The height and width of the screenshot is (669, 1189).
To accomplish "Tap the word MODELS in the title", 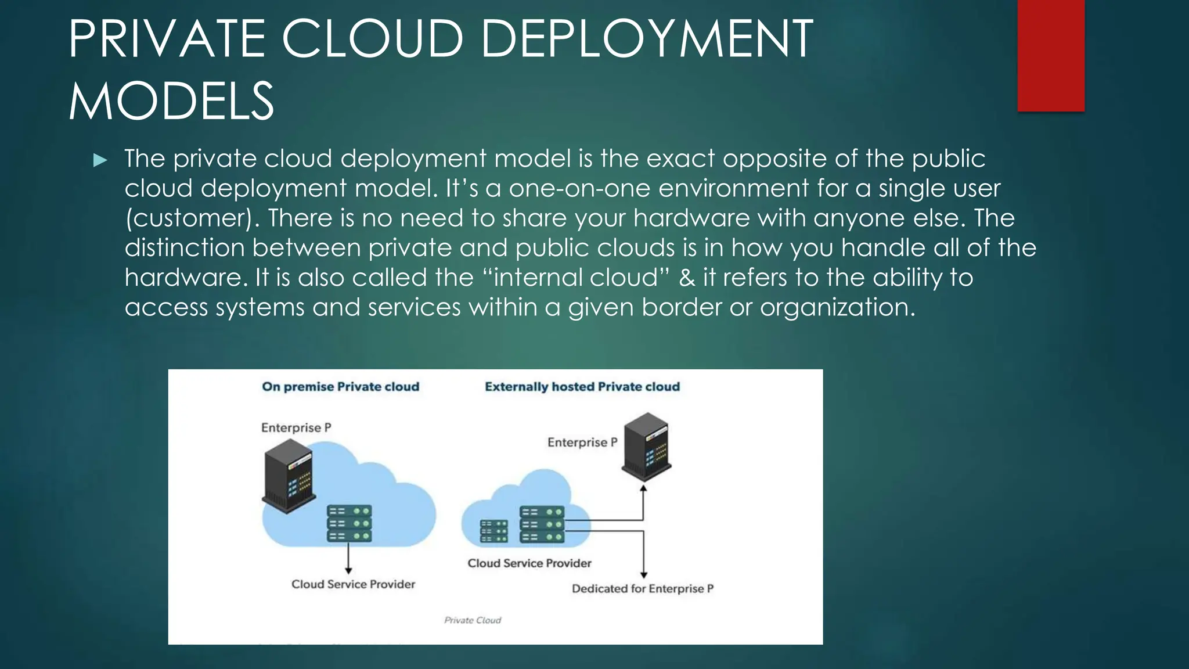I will tap(171, 102).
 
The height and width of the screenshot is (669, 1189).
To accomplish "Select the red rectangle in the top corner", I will tap(1051, 55).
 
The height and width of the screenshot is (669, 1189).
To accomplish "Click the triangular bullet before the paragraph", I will tap(100, 160).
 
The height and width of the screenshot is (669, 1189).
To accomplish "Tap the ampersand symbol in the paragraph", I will tap(687, 278).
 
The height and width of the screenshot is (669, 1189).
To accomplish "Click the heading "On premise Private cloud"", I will tap(340, 387).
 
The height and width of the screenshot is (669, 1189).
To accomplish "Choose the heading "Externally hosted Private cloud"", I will tap(582, 387).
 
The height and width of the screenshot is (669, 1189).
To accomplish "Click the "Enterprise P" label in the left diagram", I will tap(296, 428).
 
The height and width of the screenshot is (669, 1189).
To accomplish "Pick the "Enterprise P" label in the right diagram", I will tap(582, 443).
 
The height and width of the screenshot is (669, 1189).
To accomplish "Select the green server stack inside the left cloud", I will tap(350, 523).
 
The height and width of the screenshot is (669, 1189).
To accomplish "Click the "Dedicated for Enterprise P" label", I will tap(643, 589).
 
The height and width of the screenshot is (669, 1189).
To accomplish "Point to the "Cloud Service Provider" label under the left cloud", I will tap(353, 584).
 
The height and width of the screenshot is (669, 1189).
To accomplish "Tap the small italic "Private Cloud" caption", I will tap(473, 620).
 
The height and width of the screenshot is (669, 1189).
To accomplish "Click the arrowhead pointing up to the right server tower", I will tap(643, 488).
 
